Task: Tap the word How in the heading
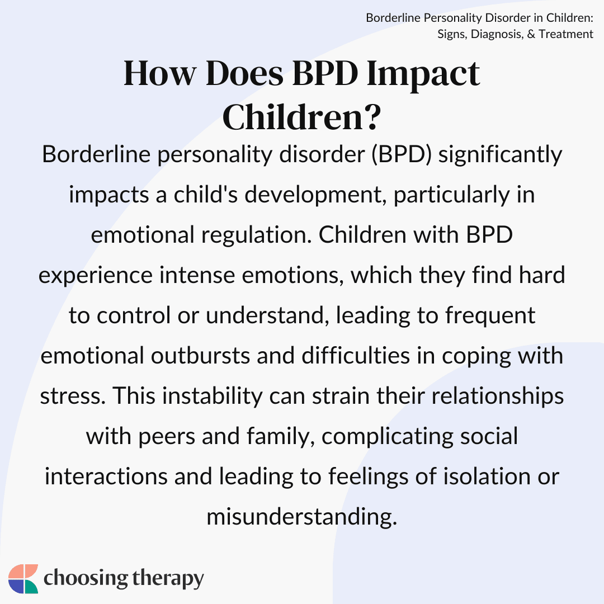coord(160,73)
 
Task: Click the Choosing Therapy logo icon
coord(23,579)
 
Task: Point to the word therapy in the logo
coord(168,579)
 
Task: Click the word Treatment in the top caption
coord(566,34)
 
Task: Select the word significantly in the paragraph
coord(501,155)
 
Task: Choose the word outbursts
coord(200,356)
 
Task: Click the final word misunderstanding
coord(301,517)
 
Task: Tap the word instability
coord(212,397)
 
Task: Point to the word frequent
coord(490,316)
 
